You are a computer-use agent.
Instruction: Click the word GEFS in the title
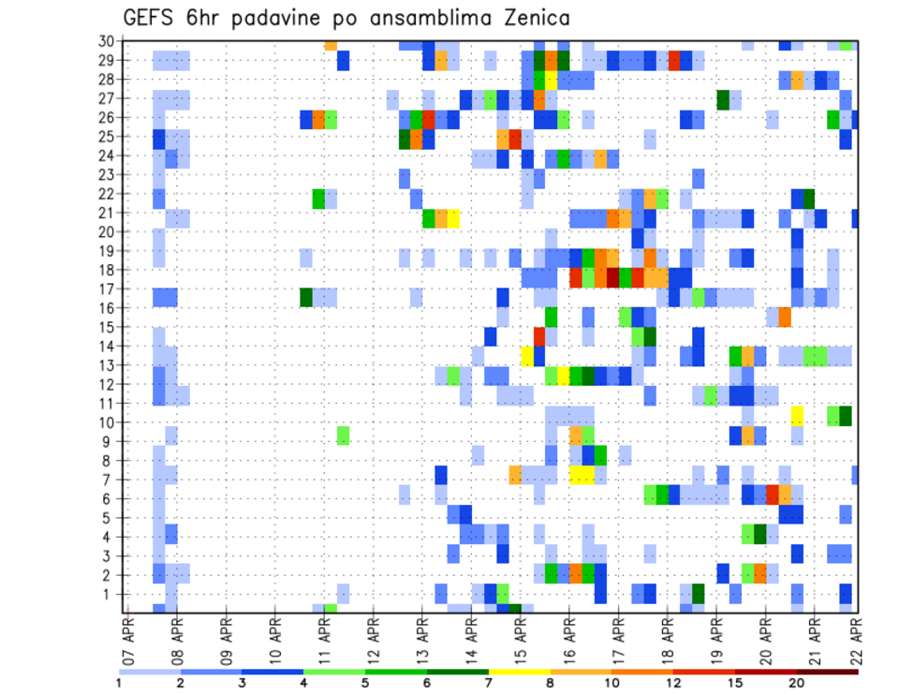(x=152, y=19)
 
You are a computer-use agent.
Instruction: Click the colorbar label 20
(x=797, y=683)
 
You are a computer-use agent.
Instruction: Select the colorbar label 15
(x=735, y=683)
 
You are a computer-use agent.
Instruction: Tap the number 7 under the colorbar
(x=489, y=683)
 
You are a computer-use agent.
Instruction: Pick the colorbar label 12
(x=674, y=683)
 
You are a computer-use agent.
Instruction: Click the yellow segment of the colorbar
(x=520, y=672)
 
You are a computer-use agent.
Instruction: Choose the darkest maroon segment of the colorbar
(x=828, y=672)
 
